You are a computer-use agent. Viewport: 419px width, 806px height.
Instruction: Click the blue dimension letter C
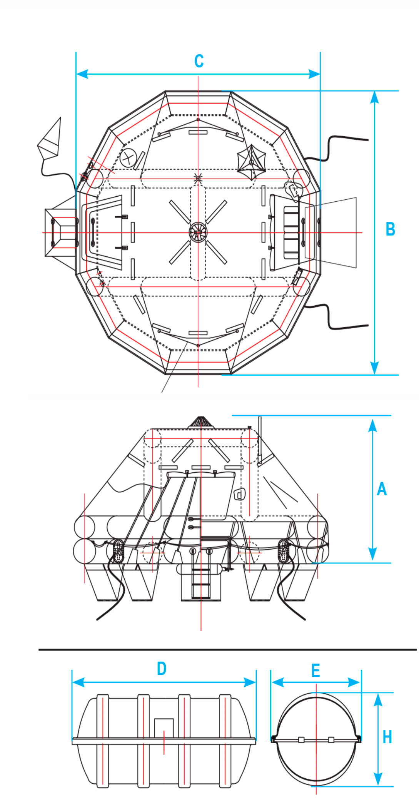tap(199, 61)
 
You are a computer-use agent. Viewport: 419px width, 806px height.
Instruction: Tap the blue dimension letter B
tap(390, 229)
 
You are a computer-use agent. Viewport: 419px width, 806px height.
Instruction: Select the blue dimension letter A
tap(381, 489)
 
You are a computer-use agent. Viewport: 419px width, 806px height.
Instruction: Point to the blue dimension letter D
tap(162, 669)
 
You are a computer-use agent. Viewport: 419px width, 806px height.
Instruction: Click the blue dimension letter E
tap(316, 671)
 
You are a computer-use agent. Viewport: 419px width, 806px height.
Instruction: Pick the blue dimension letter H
tap(387, 737)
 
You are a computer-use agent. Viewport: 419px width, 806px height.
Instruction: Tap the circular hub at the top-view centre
tap(198, 232)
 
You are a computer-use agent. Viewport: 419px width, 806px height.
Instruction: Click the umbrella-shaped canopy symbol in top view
tap(251, 162)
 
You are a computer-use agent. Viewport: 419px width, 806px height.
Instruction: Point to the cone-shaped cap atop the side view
tap(201, 421)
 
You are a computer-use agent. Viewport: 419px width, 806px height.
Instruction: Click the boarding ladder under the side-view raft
tap(200, 581)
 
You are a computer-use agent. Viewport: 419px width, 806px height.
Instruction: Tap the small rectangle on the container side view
tap(164, 727)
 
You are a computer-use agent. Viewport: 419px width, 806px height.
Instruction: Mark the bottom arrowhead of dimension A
tap(372, 554)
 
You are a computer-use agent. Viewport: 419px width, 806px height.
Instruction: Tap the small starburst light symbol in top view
tap(198, 178)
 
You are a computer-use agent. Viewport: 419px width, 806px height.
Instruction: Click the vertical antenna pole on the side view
tap(260, 439)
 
